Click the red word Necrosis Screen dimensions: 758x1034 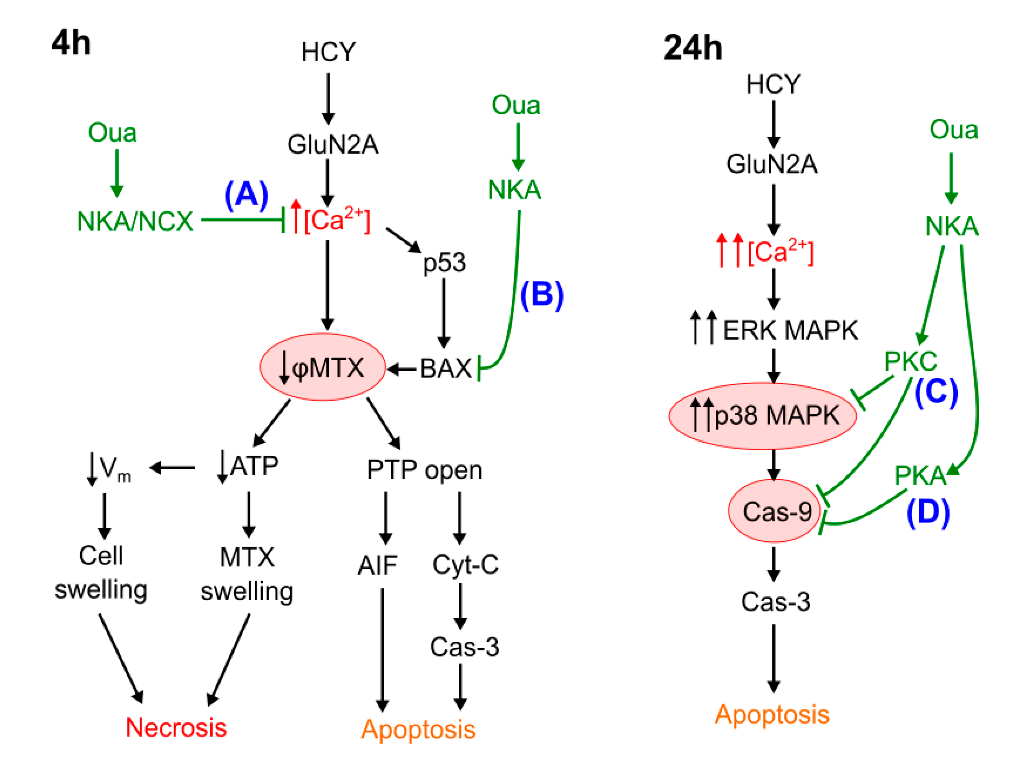pyautogui.click(x=176, y=727)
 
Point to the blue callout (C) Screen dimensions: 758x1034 pyautogui.click(x=936, y=392)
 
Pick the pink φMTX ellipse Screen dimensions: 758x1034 pyautogui.click(x=323, y=367)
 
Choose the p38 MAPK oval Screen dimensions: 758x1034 pyautogui.click(x=762, y=416)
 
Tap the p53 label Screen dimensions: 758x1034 pyautogui.click(x=444, y=262)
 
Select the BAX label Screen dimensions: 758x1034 pyautogui.click(x=446, y=368)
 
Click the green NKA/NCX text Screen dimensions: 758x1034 pyautogui.click(x=135, y=222)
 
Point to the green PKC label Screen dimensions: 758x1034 pyautogui.click(x=911, y=362)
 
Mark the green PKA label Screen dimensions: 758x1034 pyautogui.click(x=920, y=475)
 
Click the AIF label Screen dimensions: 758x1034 pyautogui.click(x=377, y=565)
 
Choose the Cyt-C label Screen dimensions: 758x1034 pyautogui.click(x=465, y=565)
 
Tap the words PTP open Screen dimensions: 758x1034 pyautogui.click(x=424, y=470)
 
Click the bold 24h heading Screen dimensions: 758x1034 pyautogui.click(x=693, y=48)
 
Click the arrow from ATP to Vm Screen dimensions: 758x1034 pyautogui.click(x=172, y=468)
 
